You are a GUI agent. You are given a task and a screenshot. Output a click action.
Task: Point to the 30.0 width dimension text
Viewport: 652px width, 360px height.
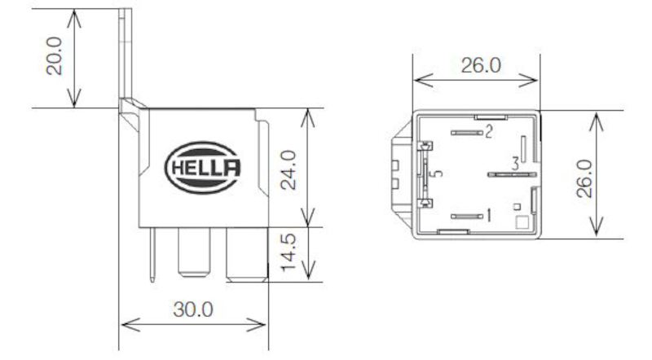click(x=194, y=310)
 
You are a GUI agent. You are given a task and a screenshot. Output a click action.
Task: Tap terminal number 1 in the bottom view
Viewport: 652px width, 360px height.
click(x=488, y=216)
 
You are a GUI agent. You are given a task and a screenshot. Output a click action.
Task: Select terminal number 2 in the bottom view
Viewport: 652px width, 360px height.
click(x=489, y=131)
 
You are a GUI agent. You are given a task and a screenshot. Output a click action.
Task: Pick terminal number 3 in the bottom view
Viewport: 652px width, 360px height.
click(x=515, y=163)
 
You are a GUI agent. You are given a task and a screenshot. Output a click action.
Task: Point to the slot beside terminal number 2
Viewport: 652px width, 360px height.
click(x=465, y=132)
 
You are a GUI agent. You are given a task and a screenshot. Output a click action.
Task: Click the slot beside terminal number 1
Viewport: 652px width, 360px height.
click(x=465, y=216)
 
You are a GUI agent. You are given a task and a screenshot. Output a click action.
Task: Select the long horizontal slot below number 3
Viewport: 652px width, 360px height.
click(x=505, y=174)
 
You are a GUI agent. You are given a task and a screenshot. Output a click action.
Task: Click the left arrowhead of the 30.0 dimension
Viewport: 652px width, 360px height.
click(x=125, y=323)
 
